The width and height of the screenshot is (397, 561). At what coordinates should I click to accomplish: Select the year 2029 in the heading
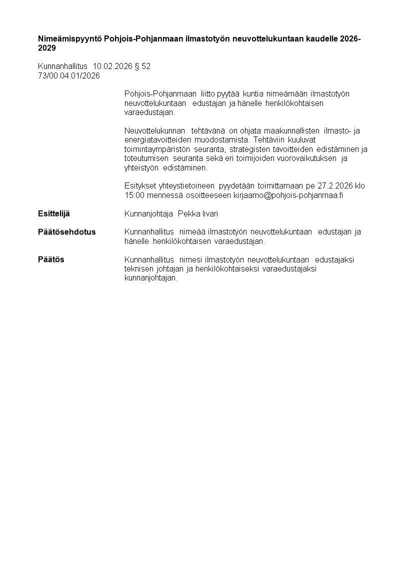pyautogui.click(x=47, y=48)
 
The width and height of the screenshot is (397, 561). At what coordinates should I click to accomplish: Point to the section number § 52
pyautogui.click(x=142, y=66)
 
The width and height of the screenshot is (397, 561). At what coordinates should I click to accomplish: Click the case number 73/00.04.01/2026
pyautogui.click(x=69, y=76)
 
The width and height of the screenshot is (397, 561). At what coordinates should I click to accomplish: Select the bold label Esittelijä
pyautogui.click(x=54, y=214)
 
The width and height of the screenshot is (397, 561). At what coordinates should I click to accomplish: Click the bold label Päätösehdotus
pyautogui.click(x=67, y=232)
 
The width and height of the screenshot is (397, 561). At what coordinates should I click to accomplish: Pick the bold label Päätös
pyautogui.click(x=51, y=260)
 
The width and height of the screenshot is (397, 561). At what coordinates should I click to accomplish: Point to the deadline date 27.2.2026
pyautogui.click(x=335, y=186)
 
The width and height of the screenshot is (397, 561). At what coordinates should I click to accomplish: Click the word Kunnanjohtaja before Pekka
pyautogui.click(x=149, y=214)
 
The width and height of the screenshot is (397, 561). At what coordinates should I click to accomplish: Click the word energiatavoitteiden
pyautogui.click(x=157, y=140)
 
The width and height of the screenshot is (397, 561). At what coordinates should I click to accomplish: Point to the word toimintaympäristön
pyautogui.click(x=157, y=149)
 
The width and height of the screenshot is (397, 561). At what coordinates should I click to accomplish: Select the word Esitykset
pyautogui.click(x=140, y=186)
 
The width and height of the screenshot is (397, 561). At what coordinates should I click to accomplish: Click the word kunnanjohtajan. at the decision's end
pyautogui.click(x=151, y=278)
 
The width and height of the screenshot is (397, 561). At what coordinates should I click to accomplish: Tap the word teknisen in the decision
pyautogui.click(x=138, y=269)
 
